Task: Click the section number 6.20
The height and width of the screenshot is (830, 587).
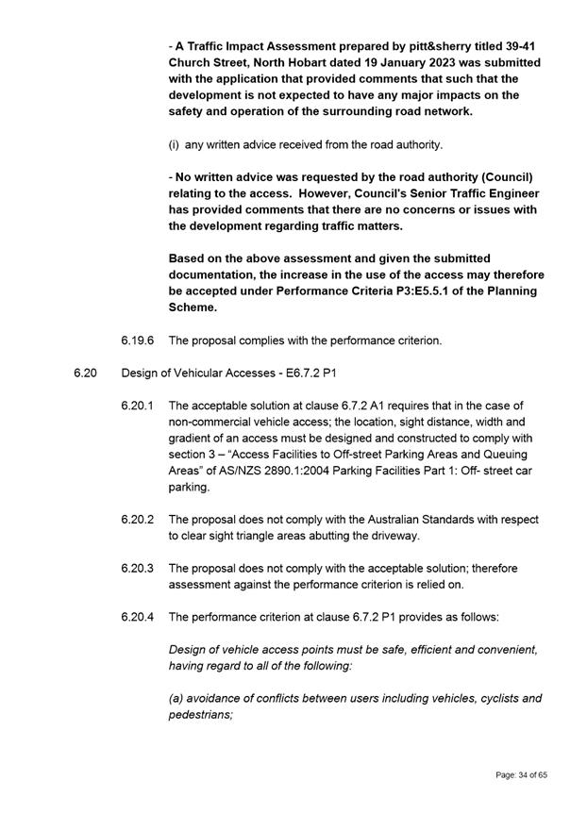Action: pyautogui.click(x=85, y=373)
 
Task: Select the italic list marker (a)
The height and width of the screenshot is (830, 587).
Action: pyautogui.click(x=176, y=699)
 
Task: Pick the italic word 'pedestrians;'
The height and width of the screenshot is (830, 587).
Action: pyautogui.click(x=200, y=715)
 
